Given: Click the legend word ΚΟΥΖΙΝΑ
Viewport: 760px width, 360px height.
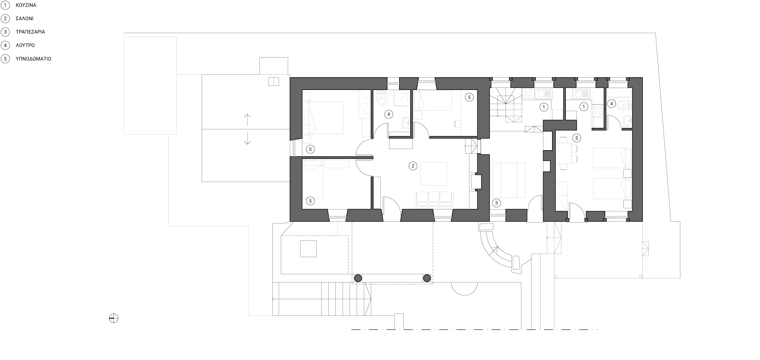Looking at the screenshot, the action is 26,5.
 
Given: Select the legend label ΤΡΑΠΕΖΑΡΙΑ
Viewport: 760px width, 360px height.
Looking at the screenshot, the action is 30,32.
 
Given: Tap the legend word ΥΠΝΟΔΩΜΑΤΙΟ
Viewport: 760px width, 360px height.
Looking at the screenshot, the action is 33,59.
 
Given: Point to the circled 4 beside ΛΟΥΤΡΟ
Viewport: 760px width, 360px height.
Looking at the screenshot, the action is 5,45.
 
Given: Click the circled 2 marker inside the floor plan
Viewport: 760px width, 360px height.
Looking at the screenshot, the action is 413,166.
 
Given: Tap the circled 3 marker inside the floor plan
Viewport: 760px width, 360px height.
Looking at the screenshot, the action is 496,203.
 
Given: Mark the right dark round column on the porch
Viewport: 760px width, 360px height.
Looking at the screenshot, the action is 427,278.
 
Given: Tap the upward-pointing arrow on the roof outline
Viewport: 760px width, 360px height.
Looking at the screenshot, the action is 247,120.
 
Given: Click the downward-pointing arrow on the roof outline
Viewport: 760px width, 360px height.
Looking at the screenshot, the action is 247,138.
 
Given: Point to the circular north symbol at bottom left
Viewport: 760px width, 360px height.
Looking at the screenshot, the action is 114,318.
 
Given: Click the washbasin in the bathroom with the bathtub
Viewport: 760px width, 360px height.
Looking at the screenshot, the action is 627,121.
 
